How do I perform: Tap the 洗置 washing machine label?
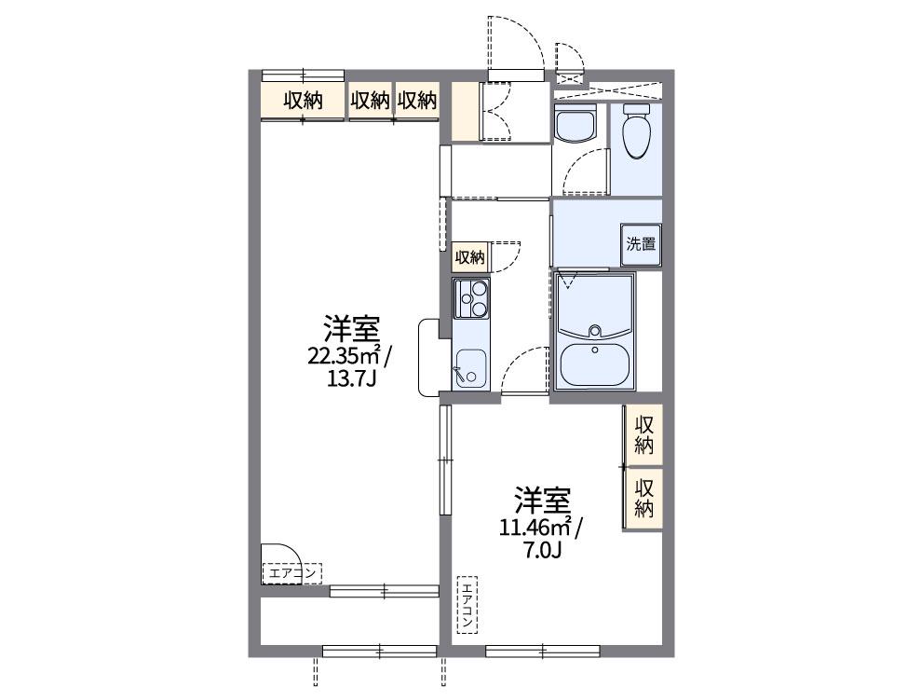coord(641,245)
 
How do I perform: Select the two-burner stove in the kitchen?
coord(471,298)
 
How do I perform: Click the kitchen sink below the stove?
coord(469,369)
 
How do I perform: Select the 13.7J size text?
coord(351,378)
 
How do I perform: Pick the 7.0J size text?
coord(540,551)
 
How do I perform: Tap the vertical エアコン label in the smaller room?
coord(467,605)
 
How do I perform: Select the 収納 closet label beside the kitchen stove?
coord(469,257)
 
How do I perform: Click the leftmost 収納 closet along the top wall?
coord(303,101)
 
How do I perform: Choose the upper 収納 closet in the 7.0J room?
coord(643,434)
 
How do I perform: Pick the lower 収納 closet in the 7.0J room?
coord(643,497)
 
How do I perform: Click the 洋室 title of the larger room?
coord(351,329)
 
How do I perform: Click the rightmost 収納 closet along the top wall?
coord(416,101)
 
